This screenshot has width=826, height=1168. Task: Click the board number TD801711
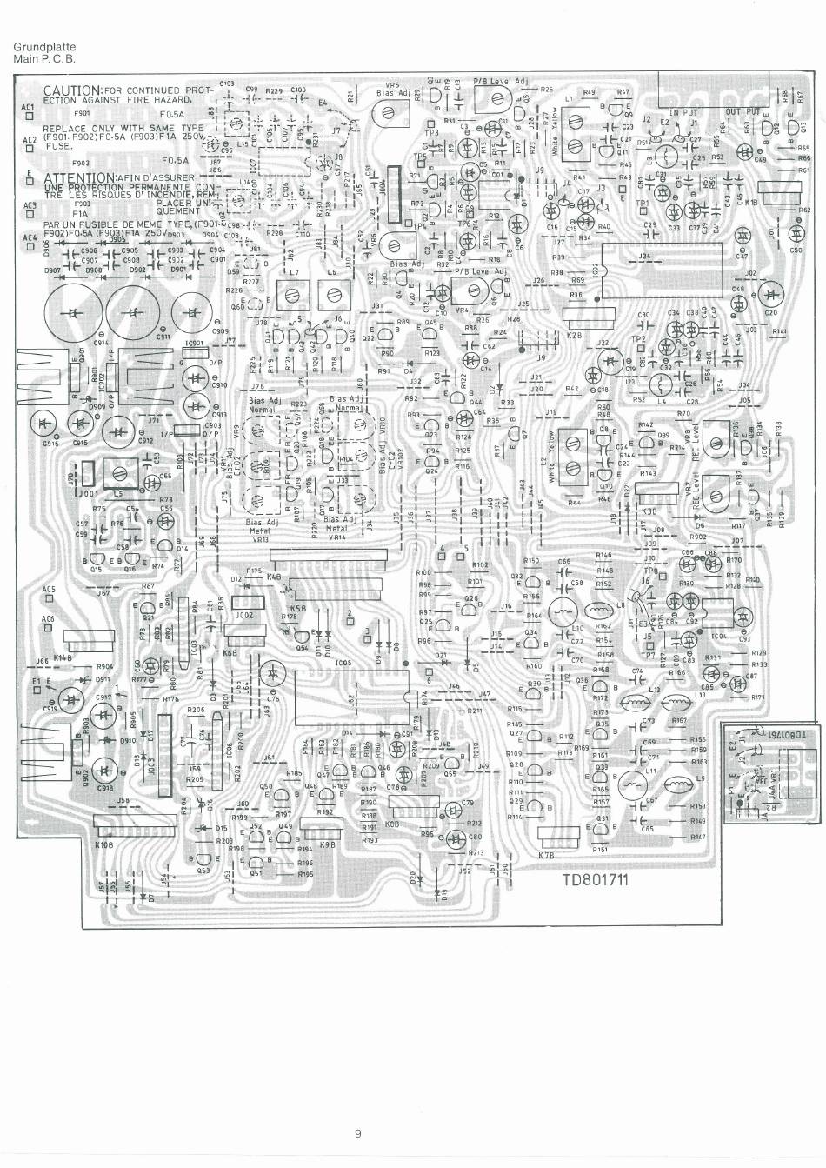click(595, 878)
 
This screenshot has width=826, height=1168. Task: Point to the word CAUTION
click(73, 90)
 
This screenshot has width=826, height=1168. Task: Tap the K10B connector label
click(103, 844)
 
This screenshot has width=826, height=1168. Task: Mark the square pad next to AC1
click(28, 118)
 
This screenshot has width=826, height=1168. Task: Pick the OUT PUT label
click(743, 112)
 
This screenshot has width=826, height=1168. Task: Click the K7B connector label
click(547, 856)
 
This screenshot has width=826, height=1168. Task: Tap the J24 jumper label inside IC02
click(644, 257)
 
